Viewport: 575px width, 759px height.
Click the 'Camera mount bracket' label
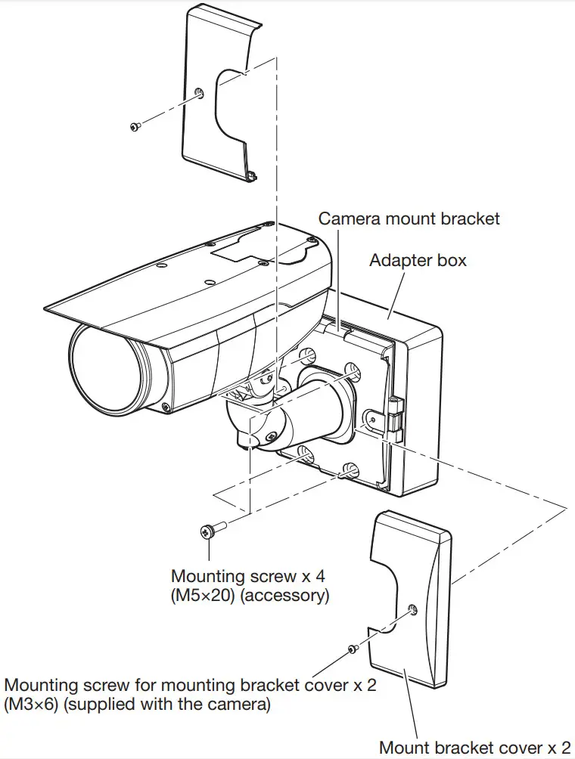coord(409,218)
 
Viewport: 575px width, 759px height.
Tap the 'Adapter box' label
coord(418,261)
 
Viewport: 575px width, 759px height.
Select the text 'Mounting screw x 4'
coord(244,576)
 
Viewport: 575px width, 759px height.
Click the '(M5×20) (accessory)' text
coord(250,595)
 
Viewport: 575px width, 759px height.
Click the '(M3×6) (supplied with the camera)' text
coord(138,705)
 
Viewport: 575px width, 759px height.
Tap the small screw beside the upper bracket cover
coord(135,126)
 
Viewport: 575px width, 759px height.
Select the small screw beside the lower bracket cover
coord(353,648)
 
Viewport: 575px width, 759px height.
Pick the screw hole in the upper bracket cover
coord(198,93)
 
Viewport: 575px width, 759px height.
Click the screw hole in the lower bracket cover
coord(411,609)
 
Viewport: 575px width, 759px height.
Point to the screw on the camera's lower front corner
coord(165,407)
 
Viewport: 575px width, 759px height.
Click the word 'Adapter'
coord(397,261)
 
